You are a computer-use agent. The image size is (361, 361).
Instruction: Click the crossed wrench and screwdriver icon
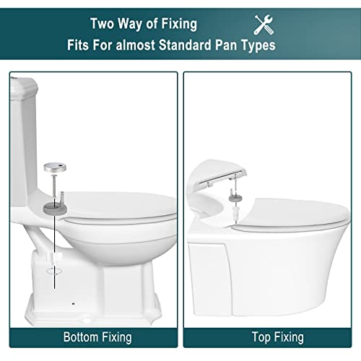coord(264,25)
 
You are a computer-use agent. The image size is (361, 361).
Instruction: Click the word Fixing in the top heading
coord(179,25)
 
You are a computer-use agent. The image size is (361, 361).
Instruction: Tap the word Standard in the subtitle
coord(185,45)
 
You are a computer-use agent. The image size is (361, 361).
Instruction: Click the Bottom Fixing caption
coord(97,337)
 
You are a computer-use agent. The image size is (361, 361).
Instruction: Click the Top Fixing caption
coord(278,337)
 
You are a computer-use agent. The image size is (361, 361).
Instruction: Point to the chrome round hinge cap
coord(55,168)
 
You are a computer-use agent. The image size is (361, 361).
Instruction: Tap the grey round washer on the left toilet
coord(55,208)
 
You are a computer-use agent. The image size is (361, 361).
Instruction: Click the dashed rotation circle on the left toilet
coord(54,271)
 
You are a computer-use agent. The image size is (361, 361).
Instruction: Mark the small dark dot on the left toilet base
coord(74,304)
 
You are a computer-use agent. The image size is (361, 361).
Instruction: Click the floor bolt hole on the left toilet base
coord(86,321)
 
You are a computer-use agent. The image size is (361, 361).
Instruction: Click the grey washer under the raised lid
coord(235,199)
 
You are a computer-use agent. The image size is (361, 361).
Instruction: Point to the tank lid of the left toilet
coord(24,87)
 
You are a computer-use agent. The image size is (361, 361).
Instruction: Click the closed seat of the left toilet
coord(118,206)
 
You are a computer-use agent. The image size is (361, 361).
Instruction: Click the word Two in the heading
coord(103,24)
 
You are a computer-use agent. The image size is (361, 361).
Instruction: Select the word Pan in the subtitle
coord(226,45)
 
